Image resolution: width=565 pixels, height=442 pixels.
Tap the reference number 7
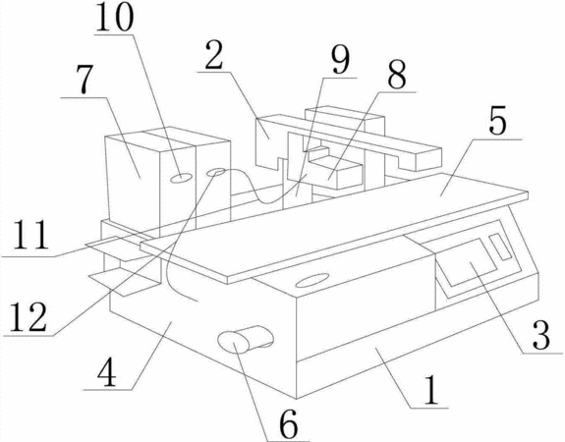(x=85, y=79)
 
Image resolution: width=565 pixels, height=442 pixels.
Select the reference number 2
(x=214, y=55)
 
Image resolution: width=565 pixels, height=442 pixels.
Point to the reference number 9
(x=341, y=60)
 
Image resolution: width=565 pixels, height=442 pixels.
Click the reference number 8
(x=397, y=76)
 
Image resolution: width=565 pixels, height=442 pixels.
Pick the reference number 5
(x=497, y=120)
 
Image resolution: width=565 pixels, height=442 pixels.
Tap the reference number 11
(x=31, y=235)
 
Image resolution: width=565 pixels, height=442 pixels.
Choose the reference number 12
(x=28, y=317)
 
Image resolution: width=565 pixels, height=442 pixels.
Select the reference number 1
(x=431, y=391)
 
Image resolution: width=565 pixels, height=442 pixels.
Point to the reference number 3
(x=541, y=335)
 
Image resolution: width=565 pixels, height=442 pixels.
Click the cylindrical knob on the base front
(x=246, y=339)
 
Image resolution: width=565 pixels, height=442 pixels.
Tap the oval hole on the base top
(x=312, y=280)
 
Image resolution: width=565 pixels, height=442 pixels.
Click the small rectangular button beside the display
(x=500, y=247)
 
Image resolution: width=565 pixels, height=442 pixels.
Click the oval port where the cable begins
(x=216, y=172)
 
